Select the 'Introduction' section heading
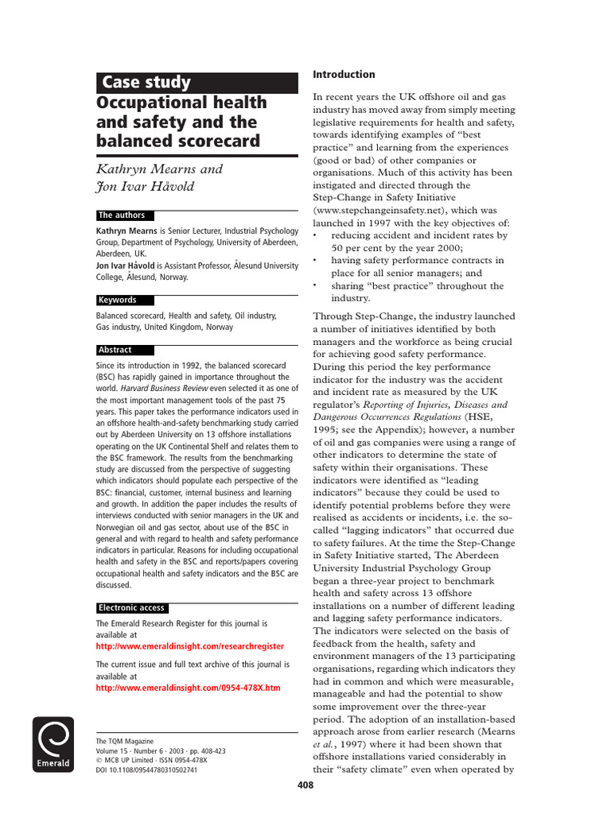tap(344, 75)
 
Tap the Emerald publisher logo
tap(53, 744)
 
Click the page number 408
tap(305, 785)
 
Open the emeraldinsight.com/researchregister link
tap(189, 646)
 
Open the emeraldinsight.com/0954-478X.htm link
tap(188, 687)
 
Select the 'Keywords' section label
tap(117, 300)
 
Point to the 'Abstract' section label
tap(115, 350)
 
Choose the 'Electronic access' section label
tap(131, 608)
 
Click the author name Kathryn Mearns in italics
tap(159, 169)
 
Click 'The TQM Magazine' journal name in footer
tap(124, 741)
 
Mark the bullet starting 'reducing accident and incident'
tap(418, 235)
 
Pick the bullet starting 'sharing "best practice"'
tap(417, 286)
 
